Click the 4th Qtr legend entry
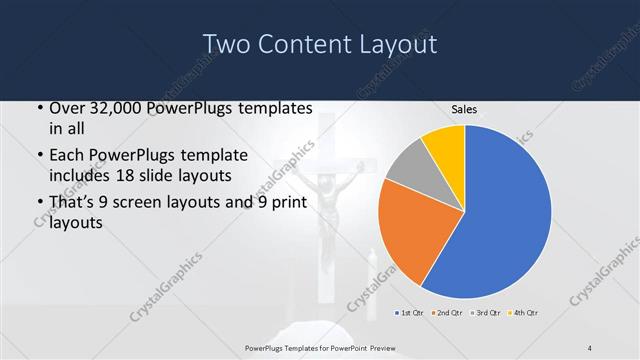[523, 314]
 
